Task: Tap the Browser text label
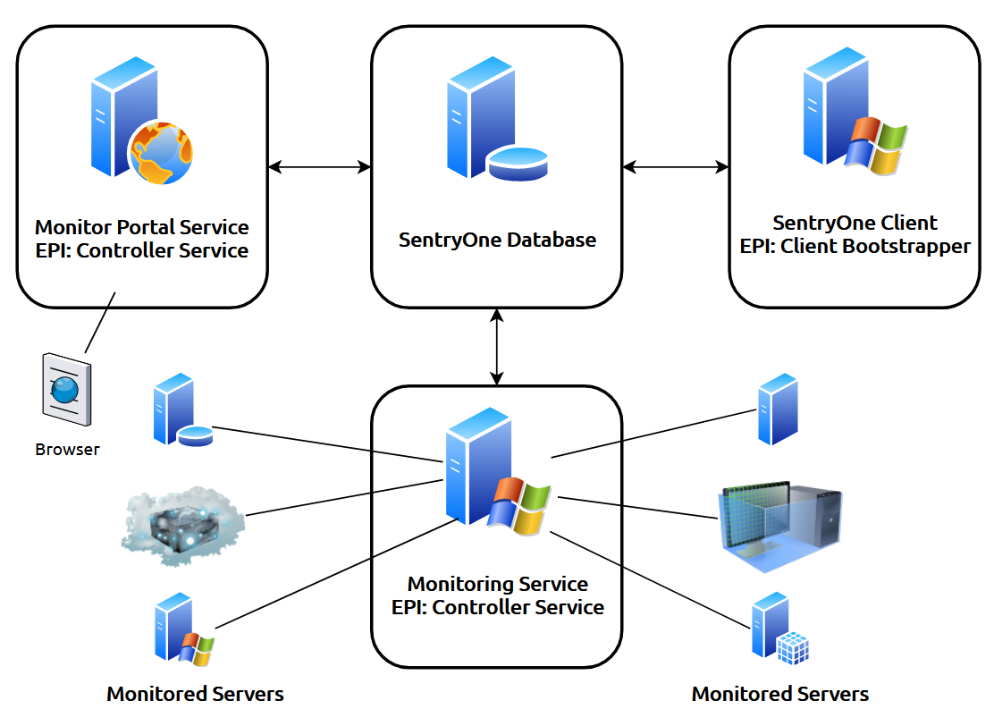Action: coord(67,450)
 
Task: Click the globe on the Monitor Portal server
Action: coord(160,153)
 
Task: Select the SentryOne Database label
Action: coord(497,241)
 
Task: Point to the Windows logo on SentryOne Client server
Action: coord(876,146)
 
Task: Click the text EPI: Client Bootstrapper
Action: coord(855,247)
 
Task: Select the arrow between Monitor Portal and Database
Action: coord(319,166)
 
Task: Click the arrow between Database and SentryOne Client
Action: coord(675,166)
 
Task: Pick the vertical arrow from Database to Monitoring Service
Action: coord(496,347)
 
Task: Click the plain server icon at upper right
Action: coord(777,409)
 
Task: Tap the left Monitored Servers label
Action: coord(195,694)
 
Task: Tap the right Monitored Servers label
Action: coord(779,694)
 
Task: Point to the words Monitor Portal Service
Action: coord(141,227)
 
